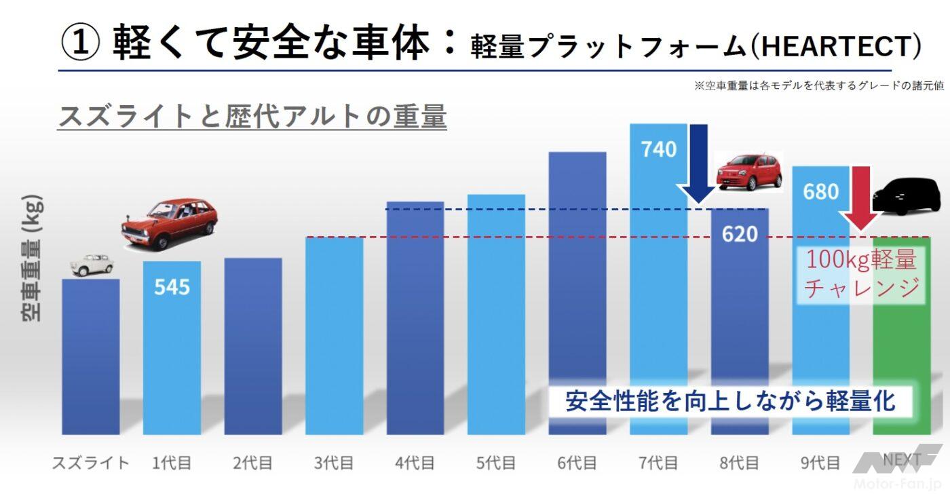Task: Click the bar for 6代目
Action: [x=577, y=292]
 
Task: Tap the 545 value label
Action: [x=172, y=286]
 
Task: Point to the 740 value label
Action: [x=658, y=149]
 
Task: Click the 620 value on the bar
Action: [x=740, y=234]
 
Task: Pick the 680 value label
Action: [x=820, y=191]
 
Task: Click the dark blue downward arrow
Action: [x=698, y=163]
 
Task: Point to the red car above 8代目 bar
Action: [x=749, y=172]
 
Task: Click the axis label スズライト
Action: [x=90, y=463]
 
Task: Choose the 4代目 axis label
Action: [x=415, y=463]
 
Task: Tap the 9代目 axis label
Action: [x=820, y=463]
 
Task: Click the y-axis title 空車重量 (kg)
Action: [x=31, y=258]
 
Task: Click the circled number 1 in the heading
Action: [x=81, y=43]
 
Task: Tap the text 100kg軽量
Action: [x=860, y=260]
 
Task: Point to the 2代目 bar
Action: [x=252, y=346]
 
